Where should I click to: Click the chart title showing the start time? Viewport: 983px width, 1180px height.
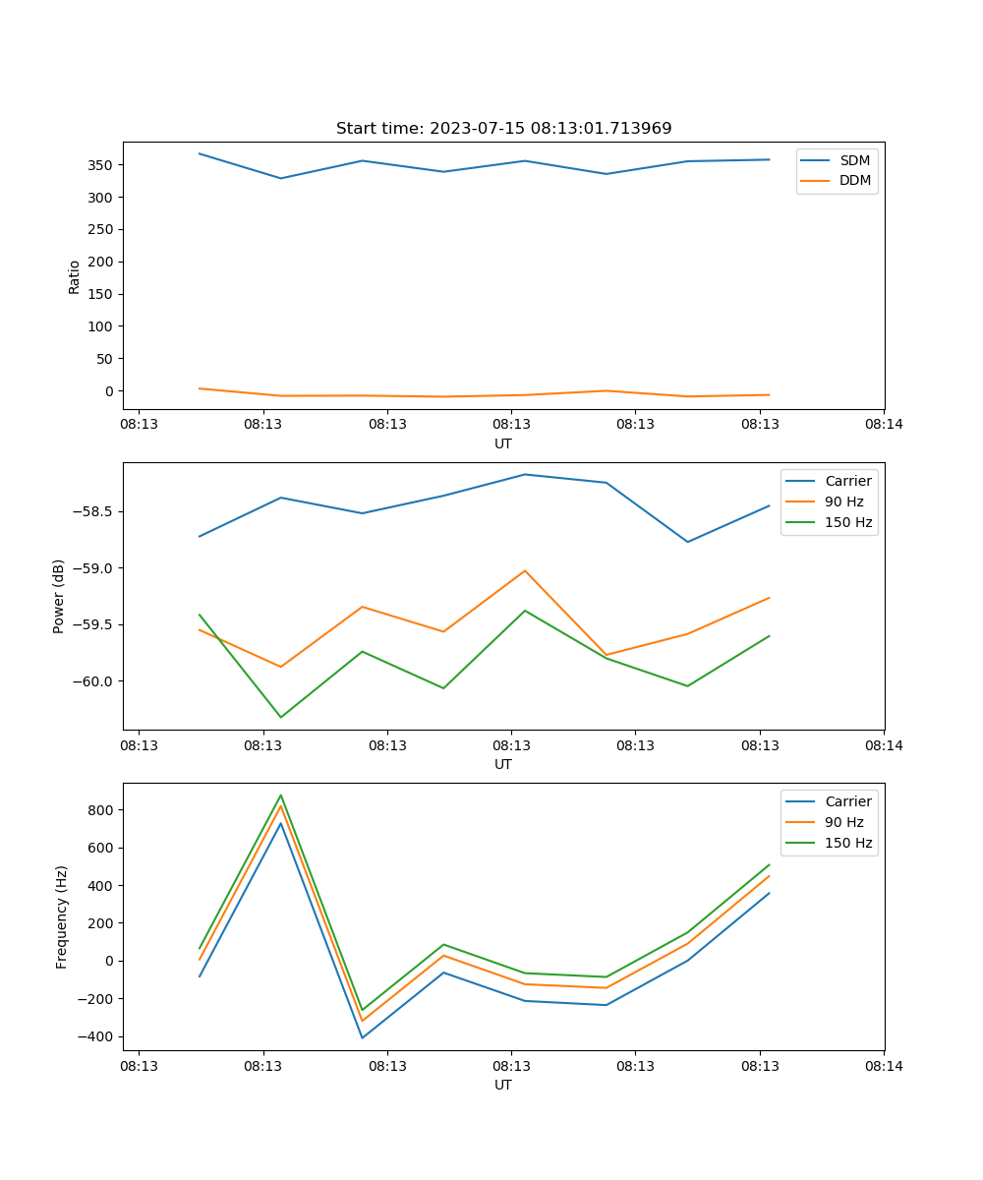pyautogui.click(x=503, y=129)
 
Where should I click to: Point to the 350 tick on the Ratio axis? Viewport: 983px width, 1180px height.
pyautogui.click(x=102, y=165)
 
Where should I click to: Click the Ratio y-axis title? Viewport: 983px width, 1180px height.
pyautogui.click(x=75, y=276)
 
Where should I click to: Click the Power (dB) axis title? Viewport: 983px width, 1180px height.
pyautogui.click(x=59, y=596)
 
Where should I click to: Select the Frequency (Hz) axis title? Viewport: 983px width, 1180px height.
pyautogui.click(x=61, y=916)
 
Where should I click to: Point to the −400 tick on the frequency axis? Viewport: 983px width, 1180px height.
pyautogui.click(x=95, y=1036)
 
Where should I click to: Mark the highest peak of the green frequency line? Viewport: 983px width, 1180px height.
pyautogui.click(x=281, y=796)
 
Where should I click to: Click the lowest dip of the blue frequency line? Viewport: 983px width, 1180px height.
pyautogui.click(x=363, y=1037)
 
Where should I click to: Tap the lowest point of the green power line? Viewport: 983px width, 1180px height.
pyautogui.click(x=281, y=717)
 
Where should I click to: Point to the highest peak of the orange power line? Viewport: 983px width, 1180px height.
pyautogui.click(x=525, y=570)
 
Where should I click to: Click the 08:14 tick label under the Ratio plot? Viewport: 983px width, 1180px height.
pyautogui.click(x=884, y=425)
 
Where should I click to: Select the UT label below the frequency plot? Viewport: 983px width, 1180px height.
pyautogui.click(x=503, y=1085)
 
